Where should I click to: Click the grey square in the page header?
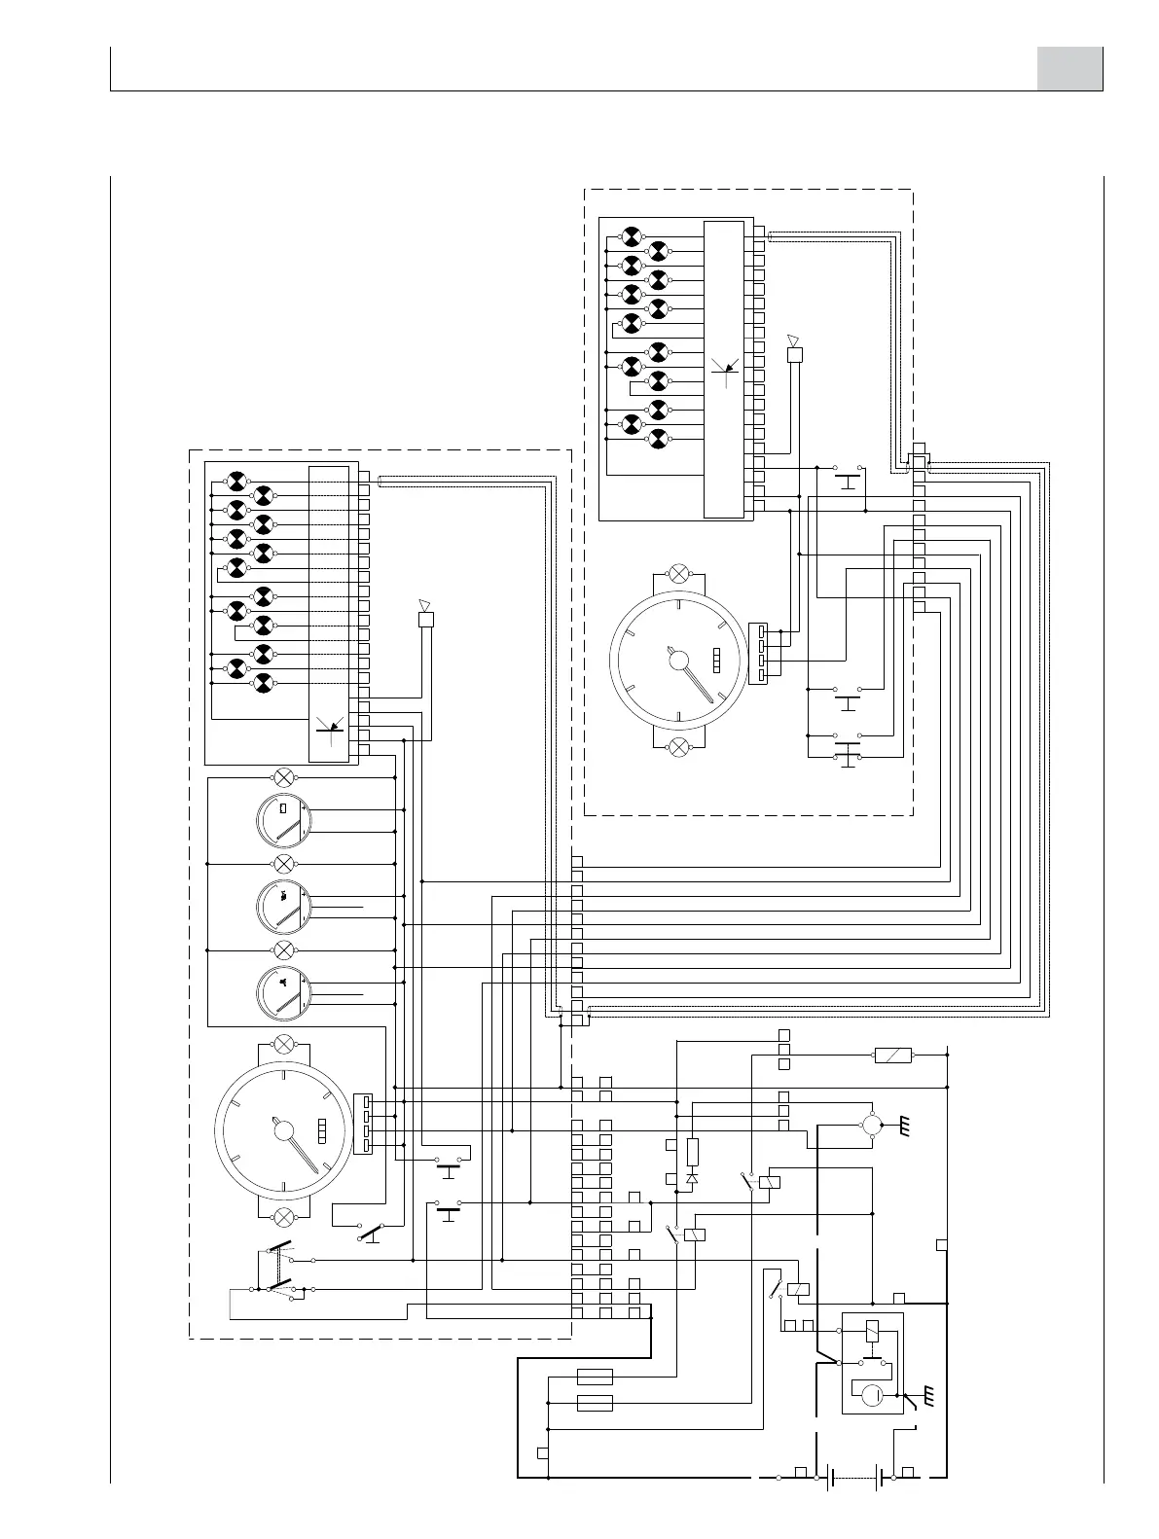(1069, 69)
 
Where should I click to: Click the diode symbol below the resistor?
(693, 1177)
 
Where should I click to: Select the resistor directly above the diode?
(693, 1152)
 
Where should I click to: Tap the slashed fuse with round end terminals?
(892, 1055)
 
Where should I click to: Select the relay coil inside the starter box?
(873, 1331)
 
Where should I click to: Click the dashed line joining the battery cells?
(855, 1478)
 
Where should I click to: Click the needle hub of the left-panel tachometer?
(284, 1128)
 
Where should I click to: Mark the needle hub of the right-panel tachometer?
(678, 662)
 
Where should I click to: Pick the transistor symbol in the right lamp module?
(724, 367)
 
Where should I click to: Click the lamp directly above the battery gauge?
(284, 776)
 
